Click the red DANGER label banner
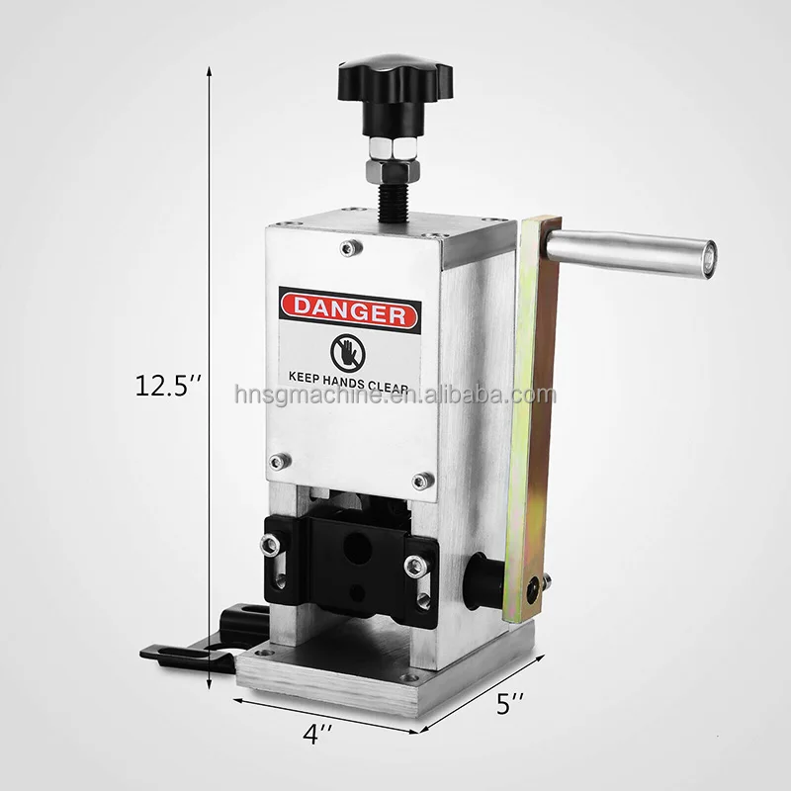349,312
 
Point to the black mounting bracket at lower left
188,643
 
